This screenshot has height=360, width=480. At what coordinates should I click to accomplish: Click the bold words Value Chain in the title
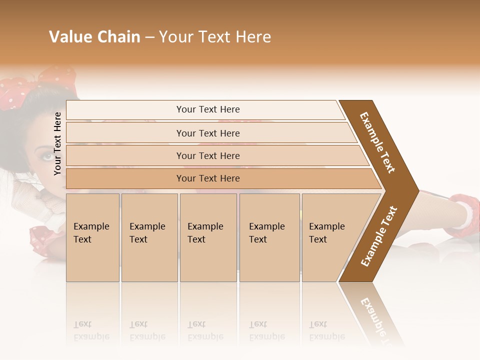tap(94, 37)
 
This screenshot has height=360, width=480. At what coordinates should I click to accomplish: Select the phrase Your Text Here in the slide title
tap(215, 37)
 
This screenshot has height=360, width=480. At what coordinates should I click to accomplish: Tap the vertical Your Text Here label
tap(57, 143)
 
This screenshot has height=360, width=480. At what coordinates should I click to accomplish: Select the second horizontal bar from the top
tap(208, 133)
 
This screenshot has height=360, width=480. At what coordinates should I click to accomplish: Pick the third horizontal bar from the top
tap(208, 155)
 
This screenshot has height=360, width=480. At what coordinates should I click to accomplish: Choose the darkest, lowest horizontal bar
tap(208, 178)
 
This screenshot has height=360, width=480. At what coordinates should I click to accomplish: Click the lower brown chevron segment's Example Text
tap(379, 236)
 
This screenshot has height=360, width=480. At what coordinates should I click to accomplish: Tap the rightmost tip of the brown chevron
tap(417, 190)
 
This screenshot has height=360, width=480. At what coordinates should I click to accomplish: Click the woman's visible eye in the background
tap(46, 156)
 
